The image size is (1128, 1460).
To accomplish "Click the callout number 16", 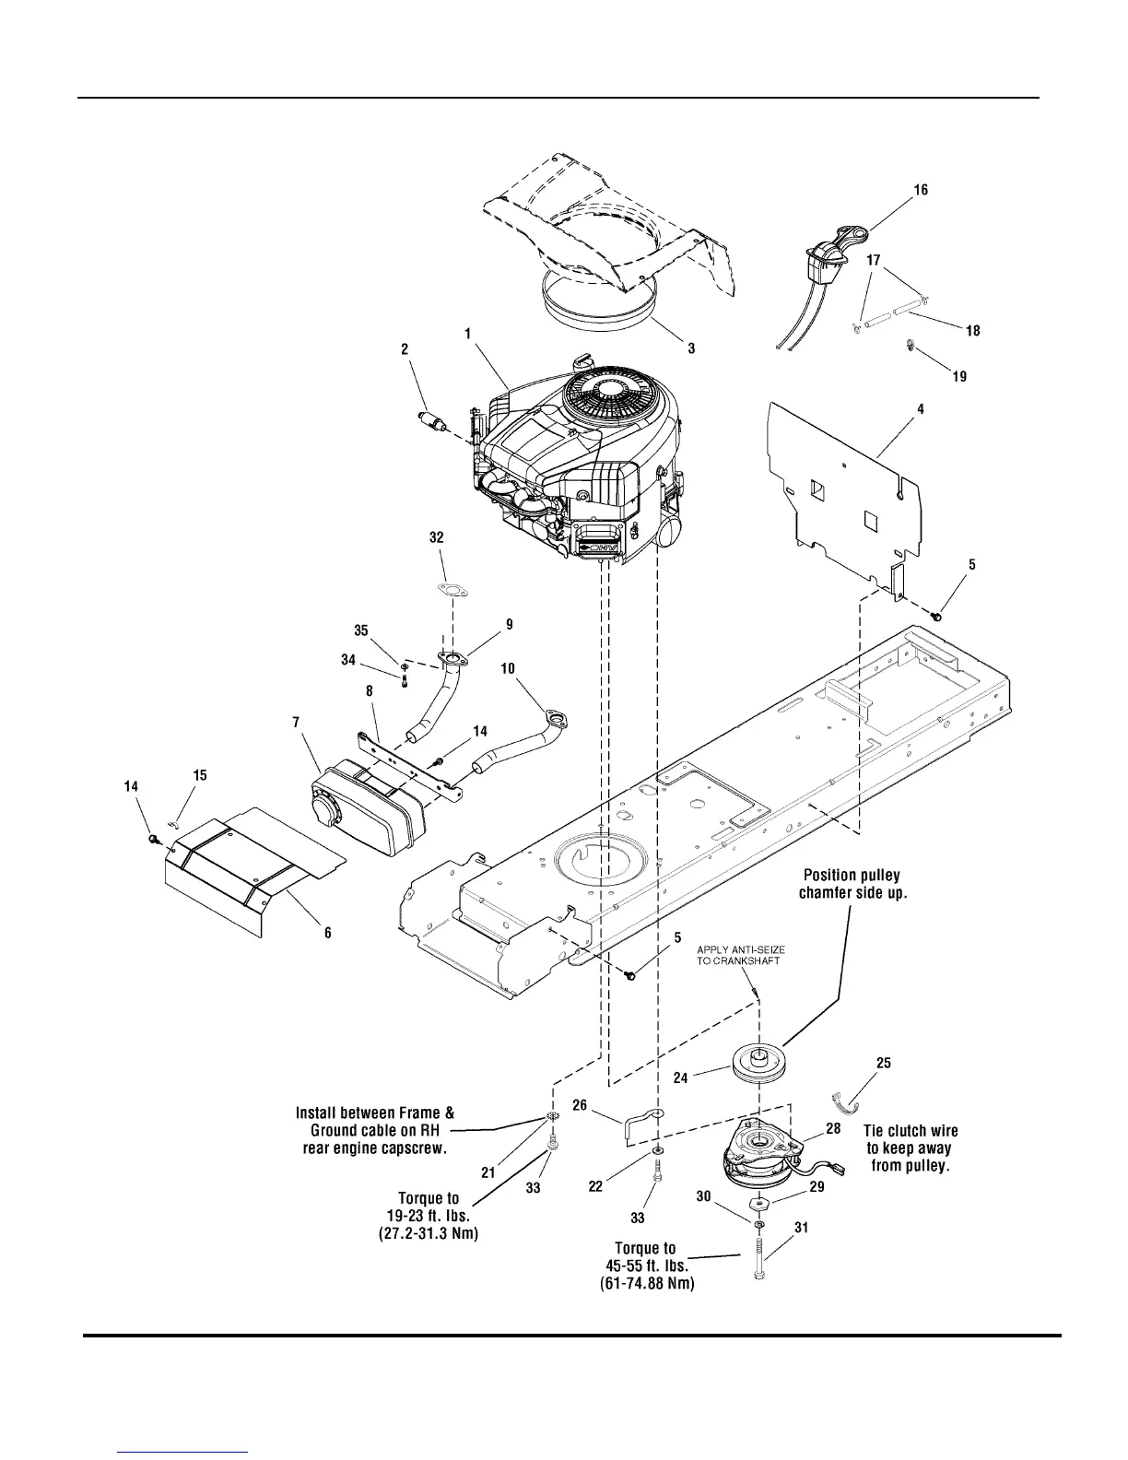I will pos(921,190).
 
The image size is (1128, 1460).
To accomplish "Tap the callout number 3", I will pos(691,348).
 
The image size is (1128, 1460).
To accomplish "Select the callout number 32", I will pos(437,536).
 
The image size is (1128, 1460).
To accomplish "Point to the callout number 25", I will pos(883,1063).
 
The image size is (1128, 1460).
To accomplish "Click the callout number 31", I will pos(800,1227).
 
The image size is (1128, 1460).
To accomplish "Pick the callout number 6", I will pos(327,933).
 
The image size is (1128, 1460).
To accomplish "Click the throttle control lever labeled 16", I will pos(831,249).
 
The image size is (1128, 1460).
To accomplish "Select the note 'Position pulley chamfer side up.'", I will pos(852,884).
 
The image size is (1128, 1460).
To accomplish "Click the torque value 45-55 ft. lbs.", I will pos(644,1266).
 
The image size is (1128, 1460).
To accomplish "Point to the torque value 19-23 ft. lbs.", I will pos(429,1216).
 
